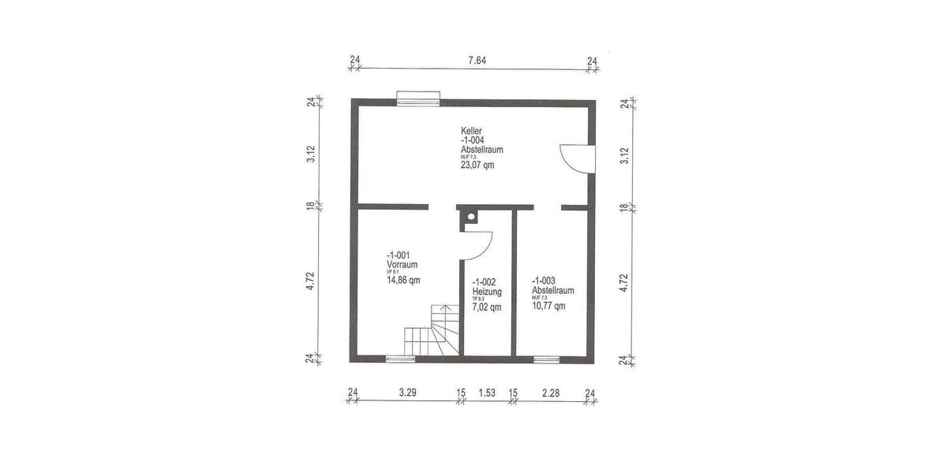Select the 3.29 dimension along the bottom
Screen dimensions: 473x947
pos(407,392)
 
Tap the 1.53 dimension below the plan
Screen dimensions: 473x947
pos(487,392)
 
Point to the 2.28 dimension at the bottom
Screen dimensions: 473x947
pos(551,392)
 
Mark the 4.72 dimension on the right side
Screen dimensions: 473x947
pos(624,283)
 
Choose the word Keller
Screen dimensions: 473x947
pos(472,131)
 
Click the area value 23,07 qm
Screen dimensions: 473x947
pos(478,165)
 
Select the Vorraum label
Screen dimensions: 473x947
pos(402,265)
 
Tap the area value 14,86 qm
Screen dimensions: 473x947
pos(403,280)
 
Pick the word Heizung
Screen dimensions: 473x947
pos(487,291)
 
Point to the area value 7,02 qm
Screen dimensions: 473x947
pos(486,307)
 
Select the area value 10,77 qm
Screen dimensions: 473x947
pos(548,306)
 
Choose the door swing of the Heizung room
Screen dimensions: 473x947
pos(477,244)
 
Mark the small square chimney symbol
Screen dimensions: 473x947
pos(470,216)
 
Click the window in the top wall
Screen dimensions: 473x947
pos(417,99)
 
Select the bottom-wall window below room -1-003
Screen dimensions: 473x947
pos(546,359)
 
